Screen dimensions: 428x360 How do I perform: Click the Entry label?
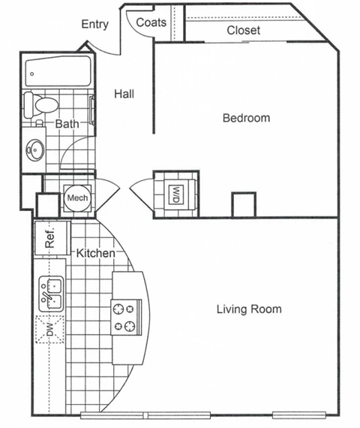pos(94,24)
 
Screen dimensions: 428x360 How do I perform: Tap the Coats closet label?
pos(151,23)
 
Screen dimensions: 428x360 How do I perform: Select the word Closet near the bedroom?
pos(244,31)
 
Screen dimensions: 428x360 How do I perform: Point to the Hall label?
pos(124,94)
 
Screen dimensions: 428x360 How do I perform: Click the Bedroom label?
pos(246,118)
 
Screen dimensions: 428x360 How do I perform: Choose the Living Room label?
pos(249,309)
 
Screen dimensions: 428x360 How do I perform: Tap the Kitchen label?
pos(96,253)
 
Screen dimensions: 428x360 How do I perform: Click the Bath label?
pos(67,123)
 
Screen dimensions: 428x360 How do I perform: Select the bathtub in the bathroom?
pos(57,72)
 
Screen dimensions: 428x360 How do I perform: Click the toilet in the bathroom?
pos(42,104)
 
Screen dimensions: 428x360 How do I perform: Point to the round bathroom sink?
pos(34,149)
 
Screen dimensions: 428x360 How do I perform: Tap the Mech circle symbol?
pos(77,197)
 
